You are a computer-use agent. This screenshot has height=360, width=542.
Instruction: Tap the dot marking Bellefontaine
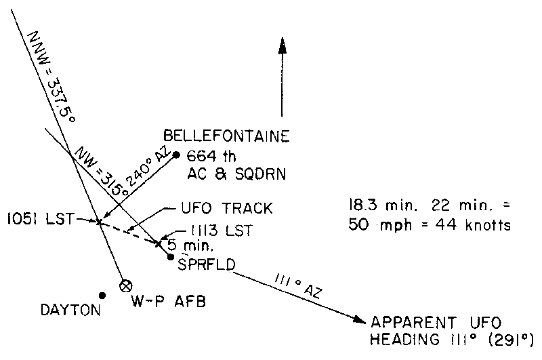[176, 155]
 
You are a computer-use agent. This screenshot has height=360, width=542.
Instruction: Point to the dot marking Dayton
[102, 295]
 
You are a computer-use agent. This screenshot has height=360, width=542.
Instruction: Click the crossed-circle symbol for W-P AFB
[125, 285]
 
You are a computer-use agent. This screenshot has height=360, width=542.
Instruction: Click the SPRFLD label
[206, 263]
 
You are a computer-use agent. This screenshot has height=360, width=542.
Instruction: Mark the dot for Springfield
[171, 256]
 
